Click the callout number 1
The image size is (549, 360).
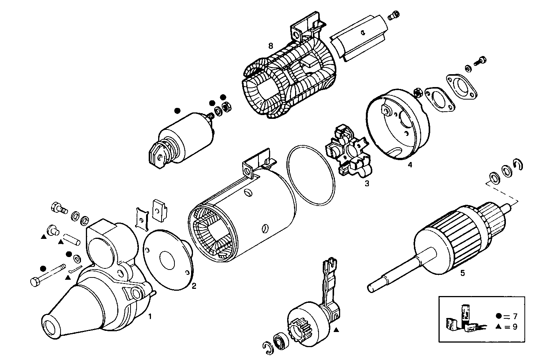150,316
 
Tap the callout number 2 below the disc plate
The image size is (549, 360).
194,286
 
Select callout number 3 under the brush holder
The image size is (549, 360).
367,184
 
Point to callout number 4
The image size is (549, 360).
410,165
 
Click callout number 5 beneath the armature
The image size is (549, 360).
462,272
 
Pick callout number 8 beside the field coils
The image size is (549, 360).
270,46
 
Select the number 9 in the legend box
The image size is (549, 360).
515,327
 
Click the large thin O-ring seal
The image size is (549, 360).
311,175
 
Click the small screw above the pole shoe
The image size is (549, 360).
393,16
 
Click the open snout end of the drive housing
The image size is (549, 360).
51,325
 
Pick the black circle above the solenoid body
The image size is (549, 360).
177,111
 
